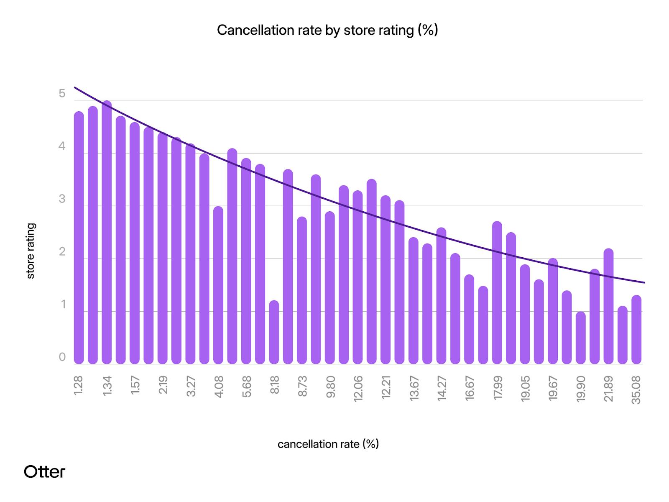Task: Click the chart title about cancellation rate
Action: (x=327, y=30)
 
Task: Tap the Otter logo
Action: (x=44, y=471)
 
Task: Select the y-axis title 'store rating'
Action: (x=31, y=251)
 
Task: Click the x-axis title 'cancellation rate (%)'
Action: (x=328, y=444)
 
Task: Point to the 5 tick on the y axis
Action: (x=62, y=93)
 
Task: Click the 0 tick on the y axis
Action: (x=62, y=357)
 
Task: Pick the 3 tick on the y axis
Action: (x=62, y=199)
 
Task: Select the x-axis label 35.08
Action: (x=636, y=390)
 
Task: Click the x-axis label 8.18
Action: (x=274, y=385)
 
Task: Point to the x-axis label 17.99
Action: (x=497, y=388)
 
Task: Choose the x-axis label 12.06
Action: (x=358, y=389)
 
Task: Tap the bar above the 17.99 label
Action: (x=497, y=293)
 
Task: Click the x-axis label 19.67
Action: (x=553, y=388)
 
